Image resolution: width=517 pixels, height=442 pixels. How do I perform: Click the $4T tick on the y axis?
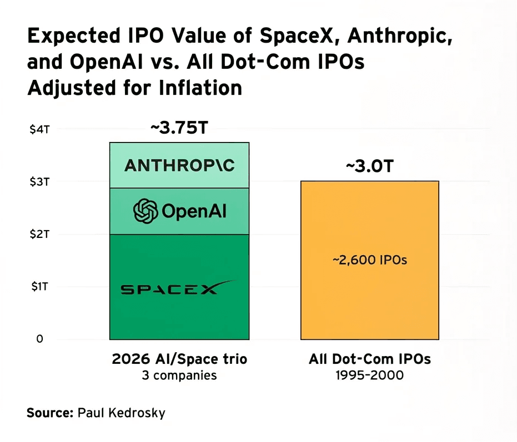(39, 129)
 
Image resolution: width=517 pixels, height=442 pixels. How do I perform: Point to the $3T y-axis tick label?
(39, 182)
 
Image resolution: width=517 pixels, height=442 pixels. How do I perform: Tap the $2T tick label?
(39, 234)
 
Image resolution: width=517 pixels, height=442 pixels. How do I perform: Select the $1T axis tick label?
(40, 287)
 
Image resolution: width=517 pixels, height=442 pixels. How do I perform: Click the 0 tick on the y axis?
(39, 339)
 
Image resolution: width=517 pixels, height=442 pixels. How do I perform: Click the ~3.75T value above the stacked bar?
(179, 128)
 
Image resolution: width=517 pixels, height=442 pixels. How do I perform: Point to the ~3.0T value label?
(370, 166)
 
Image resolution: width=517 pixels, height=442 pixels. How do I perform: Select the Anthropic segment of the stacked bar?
(179, 165)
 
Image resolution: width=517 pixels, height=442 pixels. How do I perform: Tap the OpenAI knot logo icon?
(145, 211)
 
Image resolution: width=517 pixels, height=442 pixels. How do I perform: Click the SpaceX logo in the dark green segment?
(178, 287)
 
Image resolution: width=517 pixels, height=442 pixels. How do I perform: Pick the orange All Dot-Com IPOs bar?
(370, 260)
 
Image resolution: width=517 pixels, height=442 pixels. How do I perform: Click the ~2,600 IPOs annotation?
(370, 260)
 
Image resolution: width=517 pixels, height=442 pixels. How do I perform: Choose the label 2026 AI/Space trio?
(179, 359)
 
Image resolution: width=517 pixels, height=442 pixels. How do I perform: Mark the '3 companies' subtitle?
(179, 375)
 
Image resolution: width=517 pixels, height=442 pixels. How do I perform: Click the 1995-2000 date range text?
(370, 375)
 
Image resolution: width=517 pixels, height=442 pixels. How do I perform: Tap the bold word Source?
(50, 413)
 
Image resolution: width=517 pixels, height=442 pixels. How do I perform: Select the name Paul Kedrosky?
(121, 413)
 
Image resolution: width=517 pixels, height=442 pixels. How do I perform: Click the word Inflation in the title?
(200, 88)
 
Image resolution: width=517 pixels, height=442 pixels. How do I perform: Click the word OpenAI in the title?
(106, 62)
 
